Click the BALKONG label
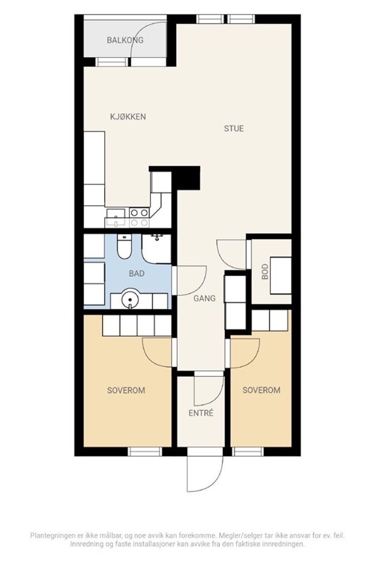(x=125, y=40)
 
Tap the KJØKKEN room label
(x=128, y=117)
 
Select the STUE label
(x=233, y=129)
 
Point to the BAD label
(x=137, y=274)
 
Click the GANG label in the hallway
(x=204, y=298)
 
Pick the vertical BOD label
(x=265, y=272)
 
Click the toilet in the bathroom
(x=124, y=247)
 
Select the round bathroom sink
(x=130, y=300)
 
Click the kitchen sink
(x=115, y=218)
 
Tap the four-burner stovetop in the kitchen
(x=139, y=218)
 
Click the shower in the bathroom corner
(x=157, y=248)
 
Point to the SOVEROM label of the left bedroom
(x=126, y=390)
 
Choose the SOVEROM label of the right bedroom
(x=261, y=390)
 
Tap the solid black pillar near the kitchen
(x=188, y=178)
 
